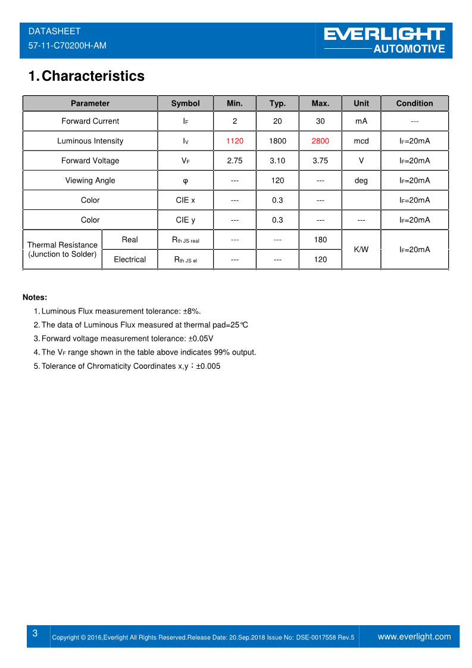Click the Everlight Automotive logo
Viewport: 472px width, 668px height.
[x=384, y=40]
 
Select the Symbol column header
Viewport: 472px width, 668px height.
[x=185, y=104]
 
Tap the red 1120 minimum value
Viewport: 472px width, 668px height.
[x=235, y=141]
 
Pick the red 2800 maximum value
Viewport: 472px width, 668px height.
[x=320, y=141]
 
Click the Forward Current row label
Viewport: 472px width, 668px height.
[x=90, y=121]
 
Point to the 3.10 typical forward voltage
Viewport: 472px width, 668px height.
[x=277, y=161]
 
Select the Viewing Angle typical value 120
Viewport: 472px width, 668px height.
[x=277, y=180]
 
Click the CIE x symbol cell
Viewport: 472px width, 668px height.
[x=185, y=200]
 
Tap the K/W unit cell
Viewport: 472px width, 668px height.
[x=361, y=249]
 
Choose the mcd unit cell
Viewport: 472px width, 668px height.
[x=361, y=141]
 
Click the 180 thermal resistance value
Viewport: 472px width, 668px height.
[x=320, y=240]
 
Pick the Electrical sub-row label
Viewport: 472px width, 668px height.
[x=130, y=259]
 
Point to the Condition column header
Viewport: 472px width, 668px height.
[x=414, y=104]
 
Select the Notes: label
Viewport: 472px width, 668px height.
[x=35, y=297]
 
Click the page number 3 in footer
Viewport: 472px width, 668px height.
[x=35, y=633]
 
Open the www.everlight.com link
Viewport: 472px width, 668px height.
[x=414, y=636]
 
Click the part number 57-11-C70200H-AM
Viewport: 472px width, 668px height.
[x=67, y=45]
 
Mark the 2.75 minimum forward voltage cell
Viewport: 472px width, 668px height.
[x=235, y=161]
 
